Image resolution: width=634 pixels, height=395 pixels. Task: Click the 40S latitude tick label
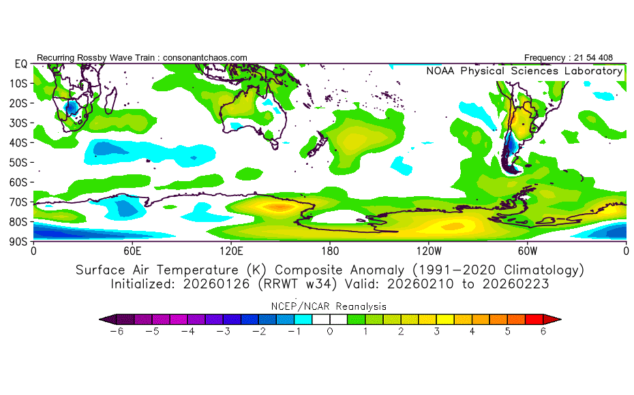click(x=18, y=142)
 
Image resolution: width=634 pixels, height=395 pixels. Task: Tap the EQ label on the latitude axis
click(x=21, y=64)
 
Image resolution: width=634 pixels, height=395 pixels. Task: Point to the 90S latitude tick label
click(x=18, y=242)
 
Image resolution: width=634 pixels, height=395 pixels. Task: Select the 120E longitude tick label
click(x=231, y=251)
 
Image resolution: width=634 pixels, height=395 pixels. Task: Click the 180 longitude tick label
click(x=330, y=251)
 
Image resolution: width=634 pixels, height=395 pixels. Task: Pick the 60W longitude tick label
click(x=528, y=251)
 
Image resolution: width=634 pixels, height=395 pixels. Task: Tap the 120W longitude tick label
click(x=429, y=251)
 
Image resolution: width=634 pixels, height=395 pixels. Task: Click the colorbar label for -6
click(x=117, y=332)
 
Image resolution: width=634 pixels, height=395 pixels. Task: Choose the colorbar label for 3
click(x=436, y=332)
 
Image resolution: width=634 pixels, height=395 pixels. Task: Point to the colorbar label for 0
click(x=330, y=332)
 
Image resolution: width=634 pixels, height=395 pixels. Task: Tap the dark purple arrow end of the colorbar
click(x=108, y=319)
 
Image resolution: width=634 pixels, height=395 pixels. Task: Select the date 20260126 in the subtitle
click(x=216, y=284)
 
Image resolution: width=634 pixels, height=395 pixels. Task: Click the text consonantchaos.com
click(x=205, y=58)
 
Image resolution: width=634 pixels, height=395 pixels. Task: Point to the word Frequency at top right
click(x=544, y=58)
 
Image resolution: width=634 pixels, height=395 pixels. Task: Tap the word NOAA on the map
click(x=440, y=71)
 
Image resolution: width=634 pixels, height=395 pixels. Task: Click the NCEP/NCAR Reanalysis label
click(x=329, y=306)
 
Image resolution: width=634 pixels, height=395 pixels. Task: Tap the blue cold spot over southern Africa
click(x=71, y=108)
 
